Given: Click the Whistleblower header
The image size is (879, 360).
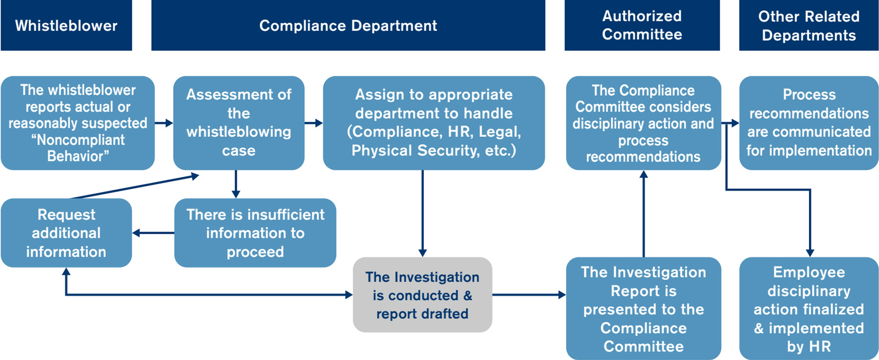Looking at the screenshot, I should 66,25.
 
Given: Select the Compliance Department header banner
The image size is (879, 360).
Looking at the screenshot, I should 348,25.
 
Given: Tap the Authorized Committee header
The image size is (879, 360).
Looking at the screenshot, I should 642,25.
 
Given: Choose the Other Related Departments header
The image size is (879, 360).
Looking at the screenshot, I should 809,25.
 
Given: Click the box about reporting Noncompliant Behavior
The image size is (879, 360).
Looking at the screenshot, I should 78,123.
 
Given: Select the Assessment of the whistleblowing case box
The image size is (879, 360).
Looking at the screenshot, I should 238,123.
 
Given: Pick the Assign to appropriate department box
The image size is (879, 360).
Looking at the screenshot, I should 433,123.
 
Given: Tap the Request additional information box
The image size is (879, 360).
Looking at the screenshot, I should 66,233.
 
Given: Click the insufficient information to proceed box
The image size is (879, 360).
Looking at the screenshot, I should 255,233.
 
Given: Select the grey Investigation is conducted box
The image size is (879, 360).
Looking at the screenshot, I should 423,295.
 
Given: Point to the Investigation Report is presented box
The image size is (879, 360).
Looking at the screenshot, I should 643,308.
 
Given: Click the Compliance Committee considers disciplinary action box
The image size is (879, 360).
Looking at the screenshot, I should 643,123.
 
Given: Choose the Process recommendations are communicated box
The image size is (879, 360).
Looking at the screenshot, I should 809,123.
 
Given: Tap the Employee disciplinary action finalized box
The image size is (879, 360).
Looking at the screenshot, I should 809,308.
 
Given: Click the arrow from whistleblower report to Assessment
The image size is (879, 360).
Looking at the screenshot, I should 164,122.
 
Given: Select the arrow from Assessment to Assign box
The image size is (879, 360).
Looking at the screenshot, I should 313,122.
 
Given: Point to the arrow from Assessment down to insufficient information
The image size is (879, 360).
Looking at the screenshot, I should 236,184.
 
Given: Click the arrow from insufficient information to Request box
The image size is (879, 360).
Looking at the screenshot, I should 153,233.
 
